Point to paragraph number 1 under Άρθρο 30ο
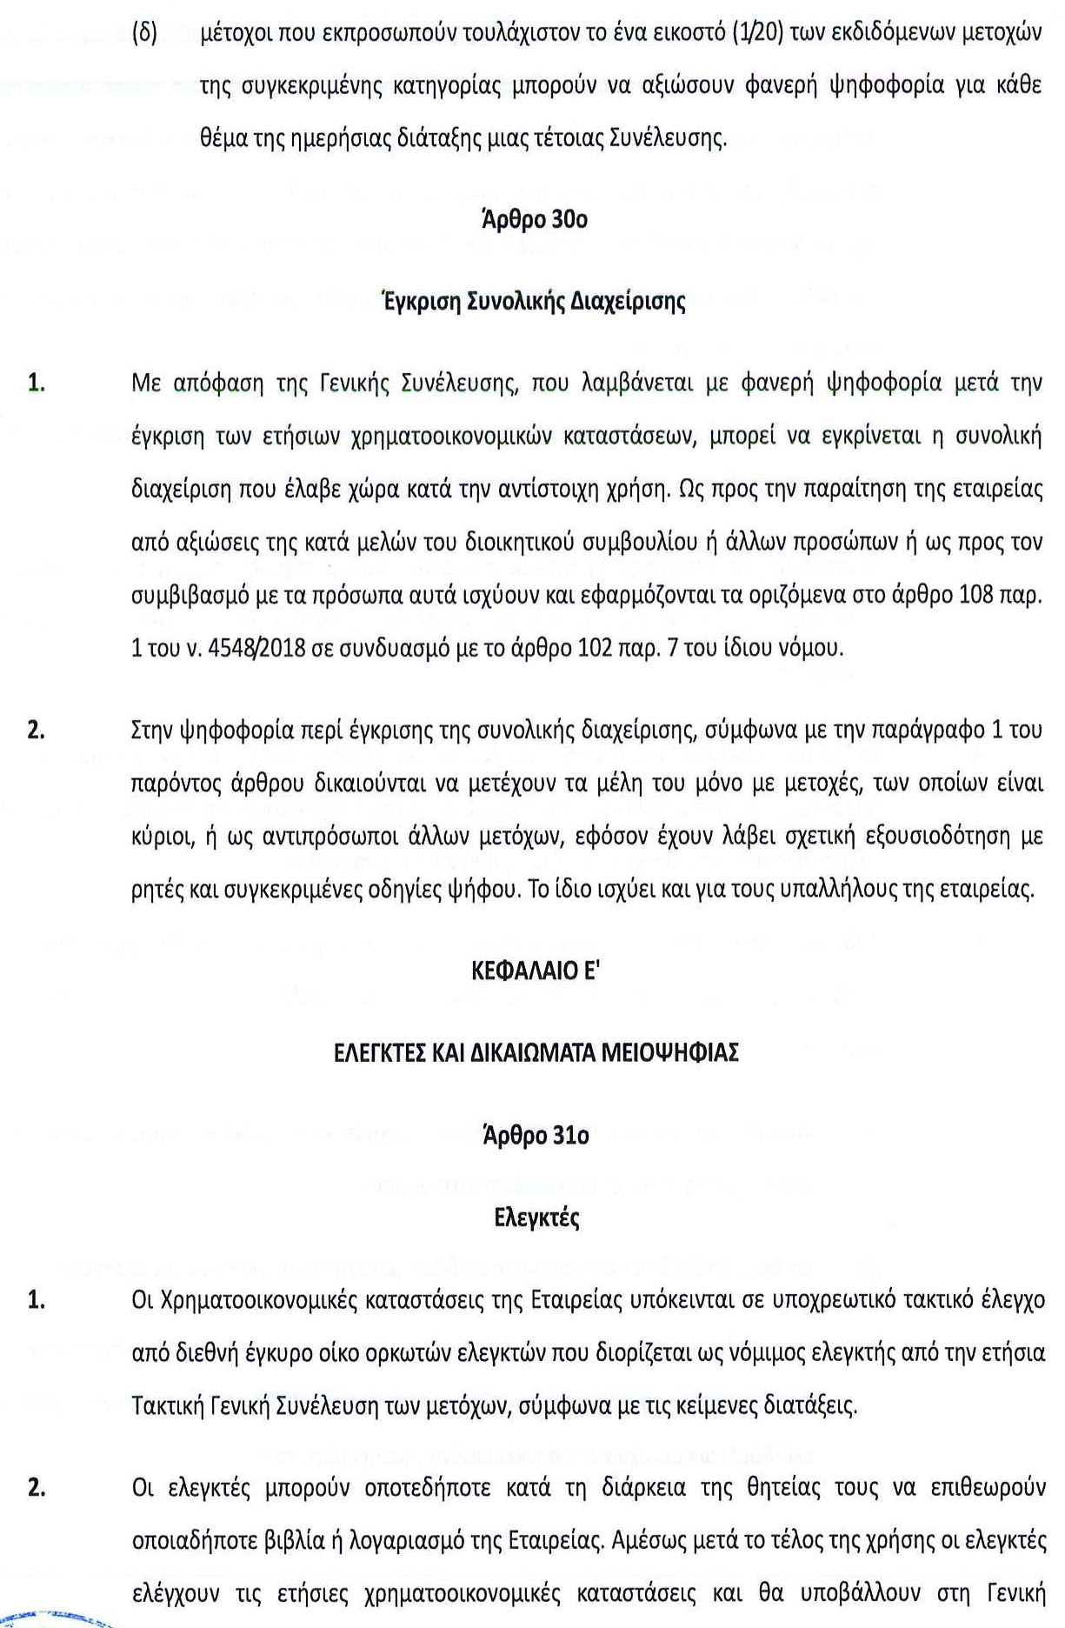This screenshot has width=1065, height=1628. tap(36, 384)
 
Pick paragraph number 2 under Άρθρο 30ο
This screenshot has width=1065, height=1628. tap(36, 730)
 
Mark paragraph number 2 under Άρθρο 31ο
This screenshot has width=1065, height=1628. tap(36, 1488)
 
